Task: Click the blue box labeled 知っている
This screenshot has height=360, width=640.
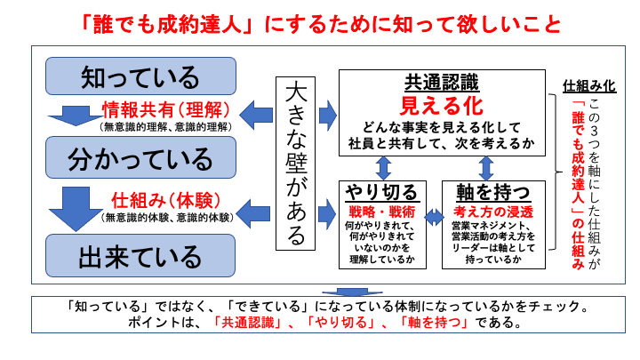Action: tap(140, 76)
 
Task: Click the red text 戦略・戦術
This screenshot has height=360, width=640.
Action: tap(380, 212)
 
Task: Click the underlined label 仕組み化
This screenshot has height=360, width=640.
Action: tap(589, 87)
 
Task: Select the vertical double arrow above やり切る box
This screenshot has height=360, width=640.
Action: tap(384, 167)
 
